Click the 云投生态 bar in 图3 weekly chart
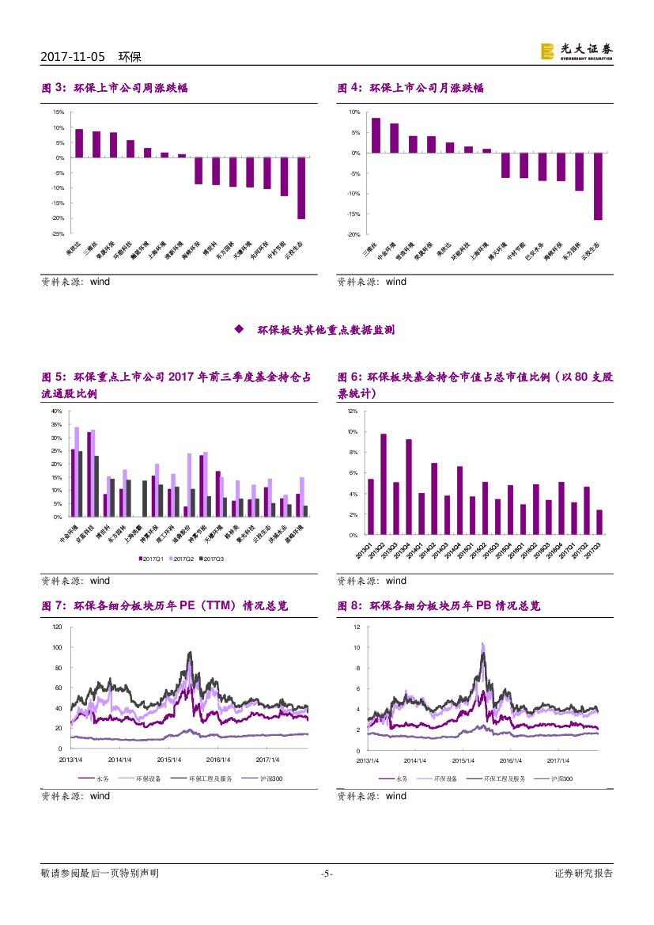point(301,188)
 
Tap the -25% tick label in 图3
point(58,233)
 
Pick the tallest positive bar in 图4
point(376,135)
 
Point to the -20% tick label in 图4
point(353,235)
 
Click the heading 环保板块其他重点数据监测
point(326,330)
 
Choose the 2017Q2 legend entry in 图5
point(183,559)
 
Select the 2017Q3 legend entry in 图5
point(213,559)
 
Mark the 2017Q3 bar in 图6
point(599,522)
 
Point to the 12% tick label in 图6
point(353,411)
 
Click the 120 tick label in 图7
point(56,627)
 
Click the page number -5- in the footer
point(327,874)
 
